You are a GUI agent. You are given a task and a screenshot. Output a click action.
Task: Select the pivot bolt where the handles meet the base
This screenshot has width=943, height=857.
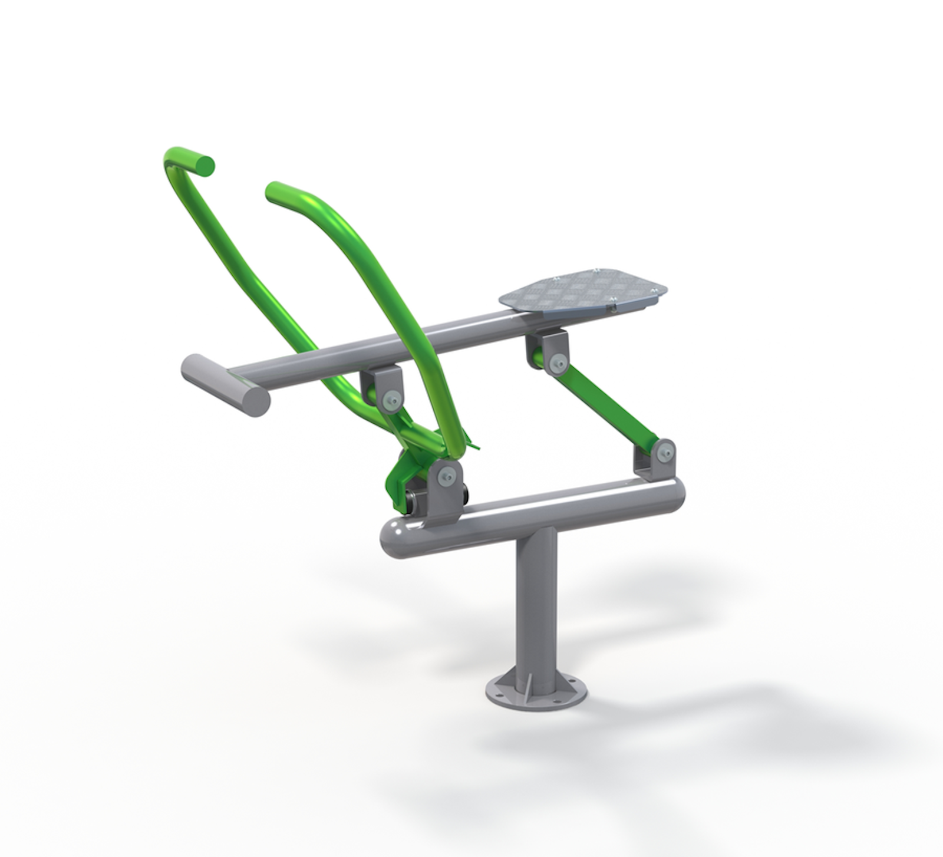pos(446,475)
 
